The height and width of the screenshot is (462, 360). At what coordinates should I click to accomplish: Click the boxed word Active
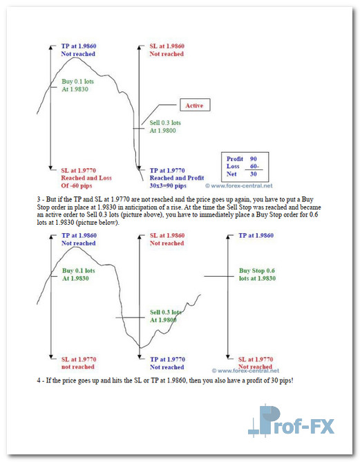tap(194, 106)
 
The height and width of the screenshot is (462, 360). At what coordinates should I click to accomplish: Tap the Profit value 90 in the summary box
tap(254, 159)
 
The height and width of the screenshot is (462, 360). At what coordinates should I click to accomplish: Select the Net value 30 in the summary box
tap(254, 174)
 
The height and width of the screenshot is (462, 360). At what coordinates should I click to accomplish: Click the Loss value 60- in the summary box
tap(254, 166)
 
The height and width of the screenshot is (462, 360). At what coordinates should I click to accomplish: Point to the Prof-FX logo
tap(291, 421)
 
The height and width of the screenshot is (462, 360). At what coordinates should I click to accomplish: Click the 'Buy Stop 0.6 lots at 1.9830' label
tap(257, 275)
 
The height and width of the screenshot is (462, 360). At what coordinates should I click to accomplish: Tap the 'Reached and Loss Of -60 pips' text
tap(86, 182)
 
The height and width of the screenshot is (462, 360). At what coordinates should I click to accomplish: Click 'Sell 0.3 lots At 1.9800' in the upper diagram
tap(165, 127)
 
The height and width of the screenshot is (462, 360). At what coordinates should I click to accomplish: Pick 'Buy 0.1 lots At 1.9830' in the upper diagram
tap(77, 86)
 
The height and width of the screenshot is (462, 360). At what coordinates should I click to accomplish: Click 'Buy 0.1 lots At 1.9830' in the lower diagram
tap(78, 275)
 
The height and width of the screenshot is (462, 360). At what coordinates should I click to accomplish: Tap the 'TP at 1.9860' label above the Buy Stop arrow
tap(256, 235)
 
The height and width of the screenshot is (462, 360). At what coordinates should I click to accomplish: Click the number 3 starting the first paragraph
tap(39, 199)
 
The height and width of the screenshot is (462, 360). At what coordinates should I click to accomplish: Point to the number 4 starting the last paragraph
tap(39, 380)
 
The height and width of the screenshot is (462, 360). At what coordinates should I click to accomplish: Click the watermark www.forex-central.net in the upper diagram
tap(238, 185)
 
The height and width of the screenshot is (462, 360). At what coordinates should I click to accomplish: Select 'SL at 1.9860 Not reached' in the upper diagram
tap(167, 50)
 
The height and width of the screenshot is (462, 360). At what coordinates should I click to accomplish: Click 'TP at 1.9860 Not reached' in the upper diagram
tap(79, 50)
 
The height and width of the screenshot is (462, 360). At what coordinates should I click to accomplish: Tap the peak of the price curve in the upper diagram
tap(75, 58)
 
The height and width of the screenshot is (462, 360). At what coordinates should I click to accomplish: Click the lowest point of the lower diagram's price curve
tap(141, 348)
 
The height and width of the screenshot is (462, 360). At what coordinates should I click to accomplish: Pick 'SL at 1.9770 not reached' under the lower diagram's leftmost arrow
tap(79, 363)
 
